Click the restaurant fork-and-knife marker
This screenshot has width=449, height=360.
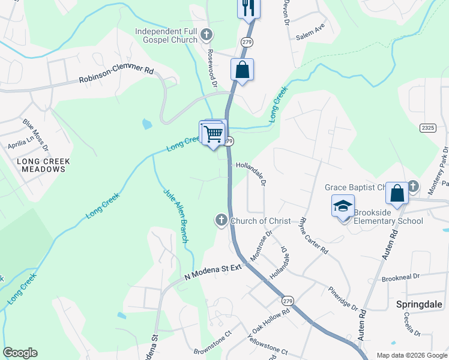[247, 8]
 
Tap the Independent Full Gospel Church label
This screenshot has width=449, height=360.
[166, 35]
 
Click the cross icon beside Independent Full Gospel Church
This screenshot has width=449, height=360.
[206, 35]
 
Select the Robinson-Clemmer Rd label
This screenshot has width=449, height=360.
[116, 74]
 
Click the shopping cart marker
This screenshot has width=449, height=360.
[213, 133]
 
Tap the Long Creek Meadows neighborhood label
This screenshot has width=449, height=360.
[44, 165]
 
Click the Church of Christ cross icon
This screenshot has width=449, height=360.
[221, 221]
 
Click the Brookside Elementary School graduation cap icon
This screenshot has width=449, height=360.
[343, 206]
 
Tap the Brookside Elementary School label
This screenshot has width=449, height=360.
[388, 217]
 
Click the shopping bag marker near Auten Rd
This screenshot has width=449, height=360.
[397, 193]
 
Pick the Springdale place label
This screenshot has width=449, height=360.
[419, 304]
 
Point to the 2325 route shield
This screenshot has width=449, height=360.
[428, 128]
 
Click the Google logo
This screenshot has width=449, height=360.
[20, 353]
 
